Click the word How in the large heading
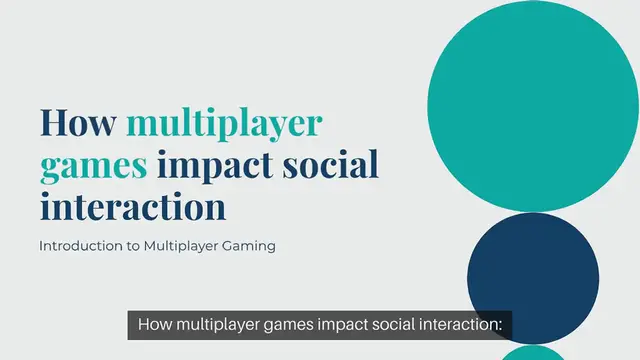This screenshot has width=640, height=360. pos(77,123)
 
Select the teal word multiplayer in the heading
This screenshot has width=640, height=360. pos(225,123)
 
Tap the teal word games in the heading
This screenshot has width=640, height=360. pos(93,164)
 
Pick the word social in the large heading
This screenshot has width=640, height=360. pos(331,164)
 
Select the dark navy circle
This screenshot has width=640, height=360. pos(533,278)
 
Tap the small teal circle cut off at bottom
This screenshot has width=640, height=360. pos(533,353)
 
